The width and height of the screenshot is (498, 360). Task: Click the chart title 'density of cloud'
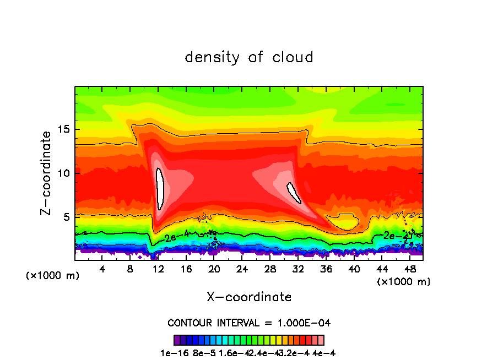pos(249,57)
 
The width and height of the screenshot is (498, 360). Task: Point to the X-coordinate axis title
pos(249,297)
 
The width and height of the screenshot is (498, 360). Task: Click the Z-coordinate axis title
pos(47,173)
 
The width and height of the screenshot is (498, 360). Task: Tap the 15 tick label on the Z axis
pos(62,130)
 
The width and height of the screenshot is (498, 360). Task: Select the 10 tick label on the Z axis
pos(62,173)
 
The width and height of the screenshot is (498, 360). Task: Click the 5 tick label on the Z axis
pos(66,217)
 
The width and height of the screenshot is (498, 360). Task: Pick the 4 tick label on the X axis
pos(102,269)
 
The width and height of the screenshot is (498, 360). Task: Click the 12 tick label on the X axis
pos(158,269)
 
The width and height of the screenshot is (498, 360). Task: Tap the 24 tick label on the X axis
pos(242,269)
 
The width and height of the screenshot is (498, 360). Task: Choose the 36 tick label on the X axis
pos(326,269)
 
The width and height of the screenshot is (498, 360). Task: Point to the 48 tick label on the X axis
pos(409,269)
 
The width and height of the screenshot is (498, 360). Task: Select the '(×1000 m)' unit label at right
pos(404,282)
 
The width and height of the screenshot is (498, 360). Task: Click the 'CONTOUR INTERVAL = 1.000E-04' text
pos(249,323)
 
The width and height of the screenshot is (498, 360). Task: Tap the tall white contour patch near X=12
pos(160,188)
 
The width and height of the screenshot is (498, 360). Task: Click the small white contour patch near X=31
pos(293,193)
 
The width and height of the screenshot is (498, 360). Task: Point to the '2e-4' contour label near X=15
pos(176,238)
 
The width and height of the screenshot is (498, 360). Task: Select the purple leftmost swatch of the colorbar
pos(177,340)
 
